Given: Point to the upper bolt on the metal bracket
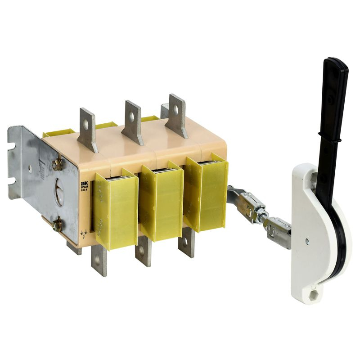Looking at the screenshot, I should coord(57,165).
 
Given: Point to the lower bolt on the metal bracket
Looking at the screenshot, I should coord(57,225).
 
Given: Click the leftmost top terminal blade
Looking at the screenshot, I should coord(88,128).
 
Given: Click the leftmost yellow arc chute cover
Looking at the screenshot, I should coord(116,211).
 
